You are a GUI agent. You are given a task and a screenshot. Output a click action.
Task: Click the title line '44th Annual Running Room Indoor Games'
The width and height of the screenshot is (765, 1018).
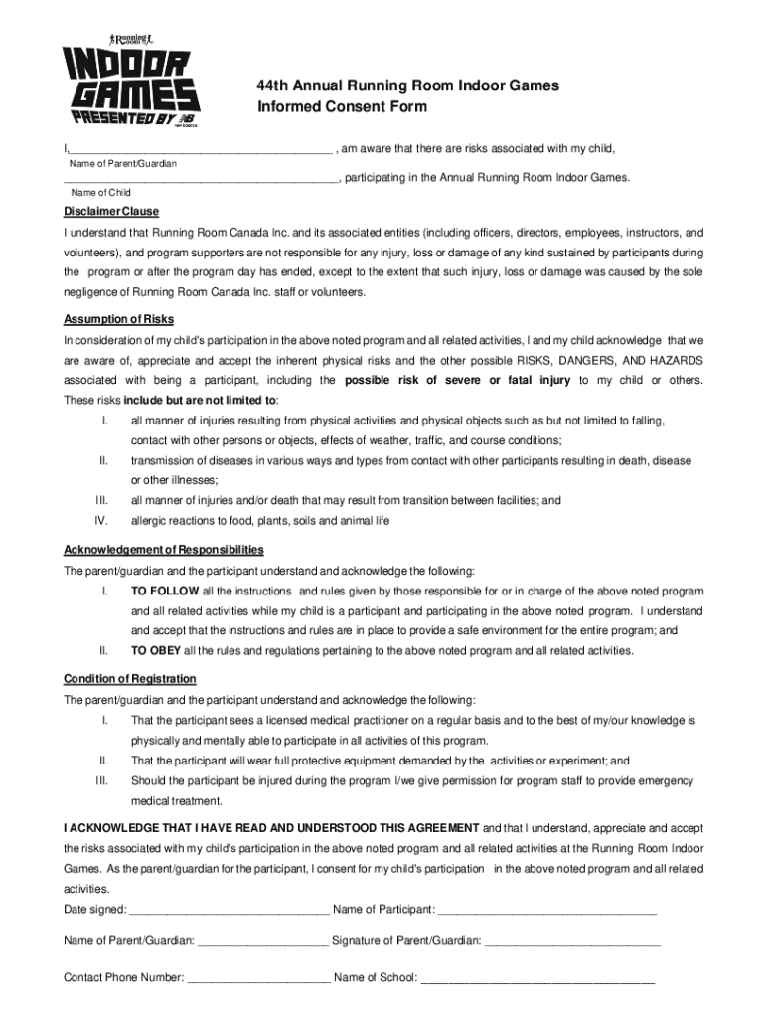coord(407,86)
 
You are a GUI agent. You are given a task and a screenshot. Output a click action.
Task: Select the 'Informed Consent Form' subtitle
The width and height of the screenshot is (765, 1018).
coord(342,107)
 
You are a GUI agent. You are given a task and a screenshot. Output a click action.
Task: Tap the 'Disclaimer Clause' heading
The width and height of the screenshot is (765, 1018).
coord(111,212)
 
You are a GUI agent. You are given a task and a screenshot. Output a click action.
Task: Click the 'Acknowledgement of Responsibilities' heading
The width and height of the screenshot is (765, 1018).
coord(164,550)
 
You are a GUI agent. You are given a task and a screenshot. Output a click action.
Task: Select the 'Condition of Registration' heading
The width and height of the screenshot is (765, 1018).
coord(130,679)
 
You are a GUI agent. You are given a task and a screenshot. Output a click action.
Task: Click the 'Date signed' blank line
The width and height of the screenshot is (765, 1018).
coord(229,909)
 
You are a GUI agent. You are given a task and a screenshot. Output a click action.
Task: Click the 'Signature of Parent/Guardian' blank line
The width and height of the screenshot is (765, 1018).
coord(573,940)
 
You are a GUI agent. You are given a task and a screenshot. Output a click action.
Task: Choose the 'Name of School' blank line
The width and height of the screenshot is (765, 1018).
coord(537,977)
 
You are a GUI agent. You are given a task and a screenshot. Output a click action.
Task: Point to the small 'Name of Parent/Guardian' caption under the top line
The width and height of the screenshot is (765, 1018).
coord(122,163)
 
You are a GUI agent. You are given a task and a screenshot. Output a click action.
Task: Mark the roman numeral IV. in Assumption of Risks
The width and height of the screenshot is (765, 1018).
coord(100,520)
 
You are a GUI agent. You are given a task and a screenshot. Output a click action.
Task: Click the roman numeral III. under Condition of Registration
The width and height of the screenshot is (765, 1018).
coord(100,780)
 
